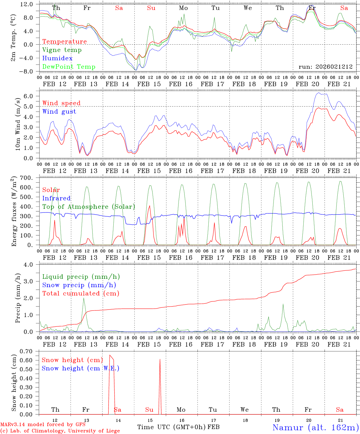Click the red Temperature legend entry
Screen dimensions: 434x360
click(64, 42)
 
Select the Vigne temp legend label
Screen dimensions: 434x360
click(62, 50)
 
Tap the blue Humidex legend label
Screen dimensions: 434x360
click(57, 58)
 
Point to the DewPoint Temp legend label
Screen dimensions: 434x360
click(68, 67)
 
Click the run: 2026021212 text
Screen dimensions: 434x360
click(325, 67)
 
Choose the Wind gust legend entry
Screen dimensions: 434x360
click(59, 112)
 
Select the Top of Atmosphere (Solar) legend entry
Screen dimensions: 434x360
click(88, 207)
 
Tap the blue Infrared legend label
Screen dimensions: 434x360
click(56, 198)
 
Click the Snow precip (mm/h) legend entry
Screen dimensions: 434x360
click(79, 285)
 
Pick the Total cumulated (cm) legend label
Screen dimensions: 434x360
click(81, 294)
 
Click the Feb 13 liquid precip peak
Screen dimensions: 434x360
click(84, 298)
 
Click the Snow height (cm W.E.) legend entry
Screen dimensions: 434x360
click(81, 368)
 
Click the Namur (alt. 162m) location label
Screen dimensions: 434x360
click(315, 427)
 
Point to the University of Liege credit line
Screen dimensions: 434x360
click(60, 431)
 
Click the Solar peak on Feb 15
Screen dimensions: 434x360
click(150, 206)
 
